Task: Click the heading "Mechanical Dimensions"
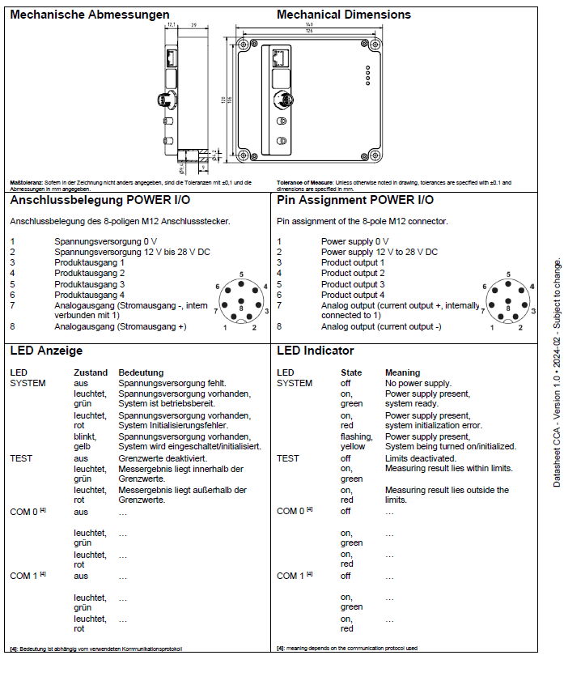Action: pyautogui.click(x=343, y=15)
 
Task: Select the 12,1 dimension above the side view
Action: pyautogui.click(x=172, y=26)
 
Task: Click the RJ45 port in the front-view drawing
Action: pyautogui.click(x=279, y=58)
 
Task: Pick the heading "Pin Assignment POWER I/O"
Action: pyautogui.click(x=354, y=200)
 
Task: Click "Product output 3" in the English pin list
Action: pyautogui.click(x=353, y=284)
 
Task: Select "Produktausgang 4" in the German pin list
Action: pyautogui.click(x=89, y=295)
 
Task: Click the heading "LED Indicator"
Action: pyautogui.click(x=315, y=351)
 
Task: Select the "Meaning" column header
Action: pyautogui.click(x=402, y=372)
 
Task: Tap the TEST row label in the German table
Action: pyautogui.click(x=21, y=457)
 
